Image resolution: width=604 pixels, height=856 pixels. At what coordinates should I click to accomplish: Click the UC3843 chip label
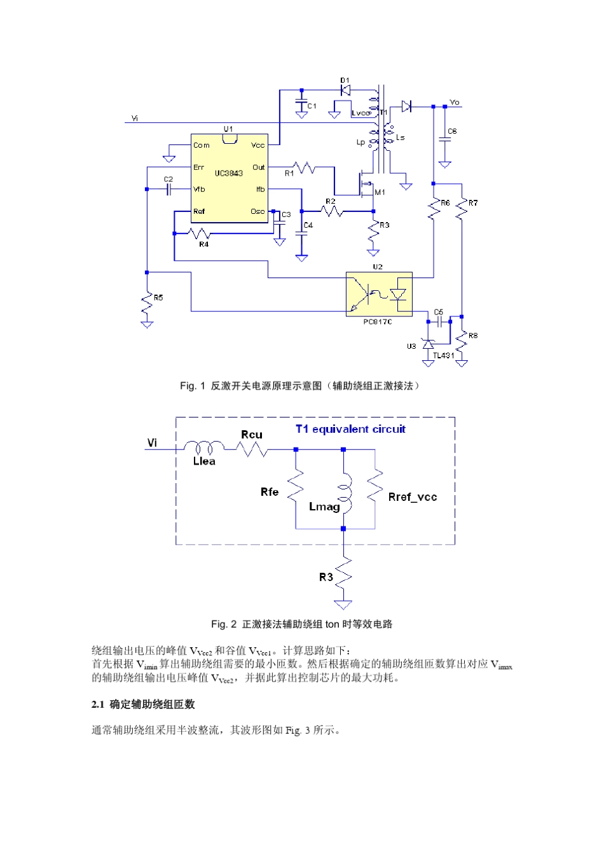point(228,173)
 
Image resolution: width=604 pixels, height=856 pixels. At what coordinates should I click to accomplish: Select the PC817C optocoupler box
point(379,294)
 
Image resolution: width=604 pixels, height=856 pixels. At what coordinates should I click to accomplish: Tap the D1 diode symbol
point(345,90)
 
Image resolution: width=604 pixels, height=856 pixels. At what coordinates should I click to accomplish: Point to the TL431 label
point(443,355)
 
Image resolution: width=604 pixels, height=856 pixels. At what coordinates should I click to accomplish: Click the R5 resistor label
point(158,297)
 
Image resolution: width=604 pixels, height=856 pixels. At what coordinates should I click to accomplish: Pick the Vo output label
point(455,102)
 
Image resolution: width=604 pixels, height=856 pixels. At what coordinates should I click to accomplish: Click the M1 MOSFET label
point(380,192)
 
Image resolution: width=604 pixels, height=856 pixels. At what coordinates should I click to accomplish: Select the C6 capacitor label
point(452,131)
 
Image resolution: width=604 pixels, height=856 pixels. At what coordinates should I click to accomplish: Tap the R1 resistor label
point(289,173)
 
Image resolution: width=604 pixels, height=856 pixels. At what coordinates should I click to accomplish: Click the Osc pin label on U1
point(257,211)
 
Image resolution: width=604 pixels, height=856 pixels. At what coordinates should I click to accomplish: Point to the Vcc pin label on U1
point(257,145)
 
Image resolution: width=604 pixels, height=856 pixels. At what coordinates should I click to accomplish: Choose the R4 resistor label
point(203,244)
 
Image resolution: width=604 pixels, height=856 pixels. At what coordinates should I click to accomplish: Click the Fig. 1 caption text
point(299,386)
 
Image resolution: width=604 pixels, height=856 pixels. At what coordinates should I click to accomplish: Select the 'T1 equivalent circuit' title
point(350,429)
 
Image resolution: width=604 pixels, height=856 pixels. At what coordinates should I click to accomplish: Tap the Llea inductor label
point(204,461)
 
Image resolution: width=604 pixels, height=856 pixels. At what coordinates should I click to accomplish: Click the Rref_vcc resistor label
point(413,497)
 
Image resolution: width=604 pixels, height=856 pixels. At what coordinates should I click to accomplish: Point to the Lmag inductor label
point(324,507)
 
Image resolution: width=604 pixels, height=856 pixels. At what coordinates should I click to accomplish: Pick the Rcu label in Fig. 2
point(252,435)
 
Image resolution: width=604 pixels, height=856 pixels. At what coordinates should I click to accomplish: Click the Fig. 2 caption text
point(301,624)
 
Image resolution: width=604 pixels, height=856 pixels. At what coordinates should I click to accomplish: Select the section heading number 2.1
point(97,704)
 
